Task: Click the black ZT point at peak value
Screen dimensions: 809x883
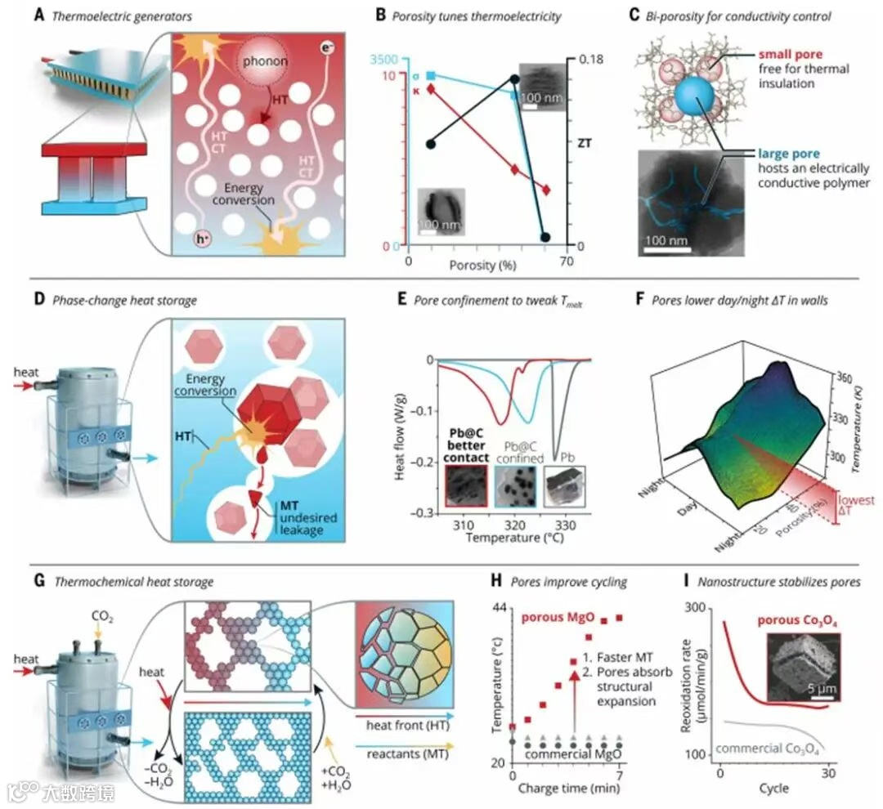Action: [x=514, y=79]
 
